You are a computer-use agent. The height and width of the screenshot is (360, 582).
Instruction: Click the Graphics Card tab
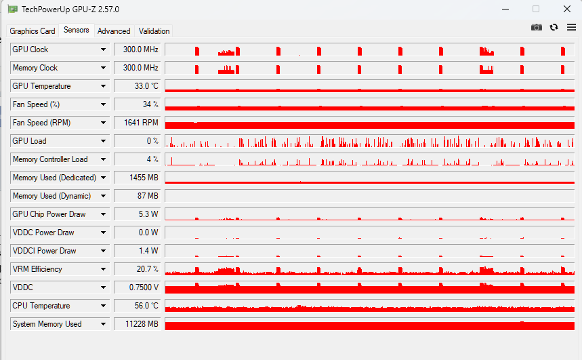click(32, 31)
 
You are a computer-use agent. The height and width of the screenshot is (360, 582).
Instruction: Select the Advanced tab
click(114, 31)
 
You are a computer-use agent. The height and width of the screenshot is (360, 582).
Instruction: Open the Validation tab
click(154, 31)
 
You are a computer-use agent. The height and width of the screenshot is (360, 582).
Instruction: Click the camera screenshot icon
click(537, 27)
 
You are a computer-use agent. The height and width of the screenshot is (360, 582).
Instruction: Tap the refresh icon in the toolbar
click(554, 27)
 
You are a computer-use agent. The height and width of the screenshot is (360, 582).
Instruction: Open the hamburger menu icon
click(571, 27)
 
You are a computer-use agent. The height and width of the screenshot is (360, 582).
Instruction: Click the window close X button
click(566, 9)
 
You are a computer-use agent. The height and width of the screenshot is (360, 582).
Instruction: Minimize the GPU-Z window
click(505, 9)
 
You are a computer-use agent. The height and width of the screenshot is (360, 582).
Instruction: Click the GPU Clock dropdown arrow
click(103, 49)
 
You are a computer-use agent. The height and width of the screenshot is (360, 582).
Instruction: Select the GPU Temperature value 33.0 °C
click(137, 86)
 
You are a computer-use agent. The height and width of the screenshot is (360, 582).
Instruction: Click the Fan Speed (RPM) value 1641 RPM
click(137, 123)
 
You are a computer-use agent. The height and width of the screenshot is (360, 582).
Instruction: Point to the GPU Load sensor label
click(30, 141)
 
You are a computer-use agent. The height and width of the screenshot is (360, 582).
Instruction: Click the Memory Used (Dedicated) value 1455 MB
click(137, 178)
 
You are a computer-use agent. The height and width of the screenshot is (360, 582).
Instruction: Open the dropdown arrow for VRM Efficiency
click(103, 269)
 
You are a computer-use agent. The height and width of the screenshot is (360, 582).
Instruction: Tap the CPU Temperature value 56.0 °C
click(137, 306)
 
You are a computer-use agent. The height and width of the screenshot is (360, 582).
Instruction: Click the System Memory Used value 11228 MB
click(137, 324)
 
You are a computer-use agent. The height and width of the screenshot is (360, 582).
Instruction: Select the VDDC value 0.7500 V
click(137, 287)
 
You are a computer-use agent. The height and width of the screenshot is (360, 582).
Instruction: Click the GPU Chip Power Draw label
click(49, 214)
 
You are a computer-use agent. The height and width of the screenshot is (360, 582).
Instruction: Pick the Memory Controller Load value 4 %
click(137, 159)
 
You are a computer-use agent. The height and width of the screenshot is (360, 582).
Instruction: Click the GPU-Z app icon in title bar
click(13, 9)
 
